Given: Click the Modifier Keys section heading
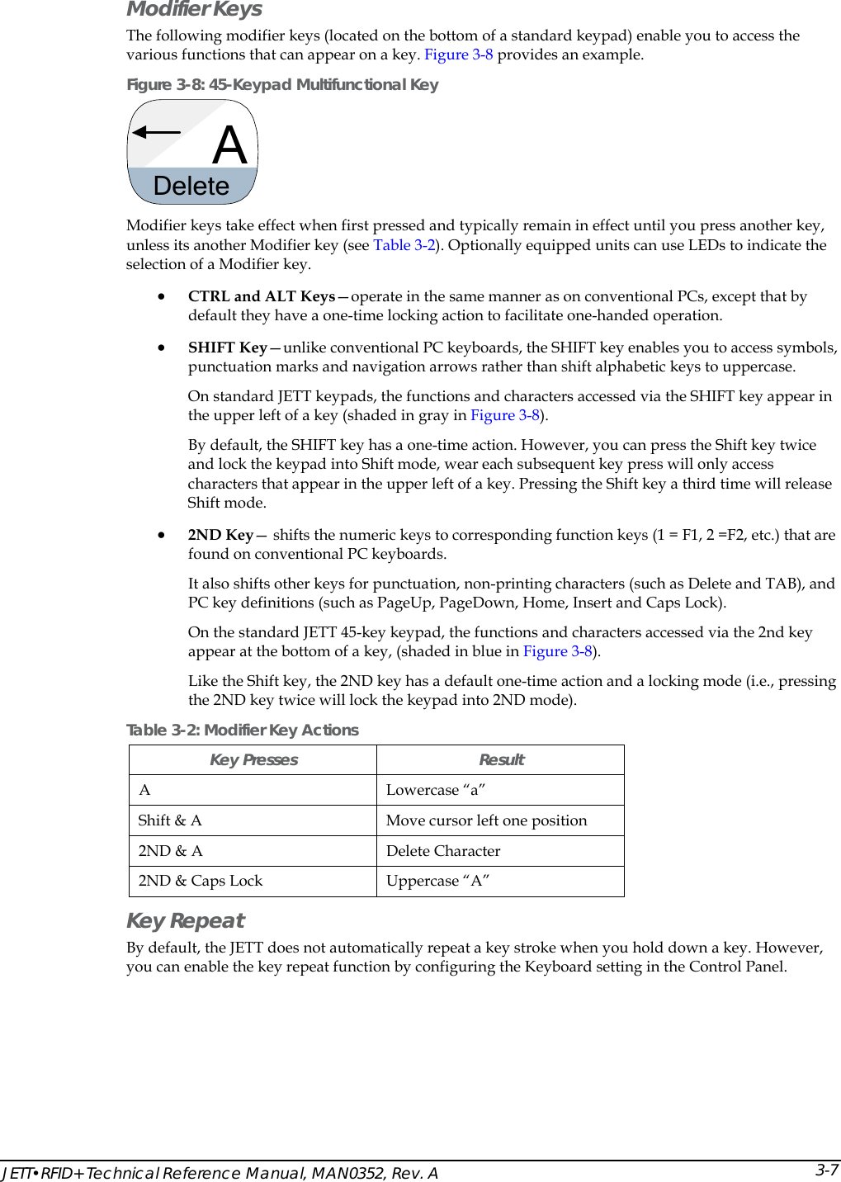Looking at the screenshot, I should [194, 9].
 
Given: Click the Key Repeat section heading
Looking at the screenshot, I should [186, 920].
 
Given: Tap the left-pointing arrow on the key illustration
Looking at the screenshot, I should [157, 132].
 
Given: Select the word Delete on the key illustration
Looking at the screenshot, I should [191, 186].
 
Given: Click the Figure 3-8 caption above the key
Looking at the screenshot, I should [282, 84].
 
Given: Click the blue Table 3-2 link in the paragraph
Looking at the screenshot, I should [404, 245].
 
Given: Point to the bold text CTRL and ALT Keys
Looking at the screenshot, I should [261, 296].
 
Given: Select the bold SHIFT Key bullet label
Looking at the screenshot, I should [227, 348].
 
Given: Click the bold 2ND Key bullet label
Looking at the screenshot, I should [220, 535].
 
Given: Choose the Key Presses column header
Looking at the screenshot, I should [253, 760].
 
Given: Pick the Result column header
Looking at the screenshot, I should [501, 760].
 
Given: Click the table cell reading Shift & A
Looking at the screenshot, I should [170, 820].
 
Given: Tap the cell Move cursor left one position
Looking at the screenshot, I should [486, 820].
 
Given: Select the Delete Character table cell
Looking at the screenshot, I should [443, 851].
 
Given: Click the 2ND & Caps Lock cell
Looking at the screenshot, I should [201, 881].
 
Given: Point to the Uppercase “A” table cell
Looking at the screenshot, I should [437, 881].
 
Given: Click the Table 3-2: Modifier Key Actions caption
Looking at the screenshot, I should [243, 730].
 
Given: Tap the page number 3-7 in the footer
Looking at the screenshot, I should [826, 1170].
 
